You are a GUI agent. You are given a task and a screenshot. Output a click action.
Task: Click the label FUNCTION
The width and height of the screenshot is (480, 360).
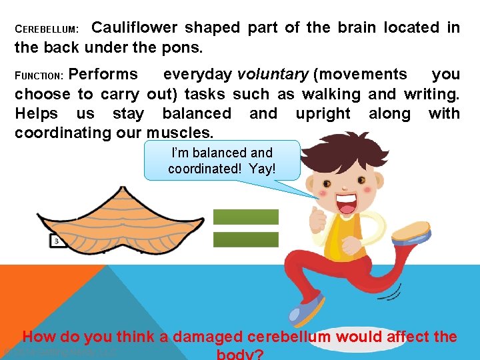tap(39, 75)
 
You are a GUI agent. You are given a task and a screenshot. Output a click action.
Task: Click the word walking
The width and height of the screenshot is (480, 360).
tap(331, 94)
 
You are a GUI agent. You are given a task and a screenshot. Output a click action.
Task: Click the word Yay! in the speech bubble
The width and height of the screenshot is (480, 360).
tap(261, 169)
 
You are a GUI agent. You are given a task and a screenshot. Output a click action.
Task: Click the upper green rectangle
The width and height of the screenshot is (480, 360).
tap(245, 217)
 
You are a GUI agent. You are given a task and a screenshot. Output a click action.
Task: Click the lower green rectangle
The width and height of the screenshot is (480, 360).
tap(245, 239)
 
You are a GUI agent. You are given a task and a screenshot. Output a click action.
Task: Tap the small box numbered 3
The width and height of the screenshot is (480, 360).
tap(57, 241)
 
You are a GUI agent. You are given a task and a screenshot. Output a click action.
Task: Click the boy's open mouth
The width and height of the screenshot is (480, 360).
tap(348, 203)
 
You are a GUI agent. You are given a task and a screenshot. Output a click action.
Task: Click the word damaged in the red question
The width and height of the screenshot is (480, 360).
tap(207, 337)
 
